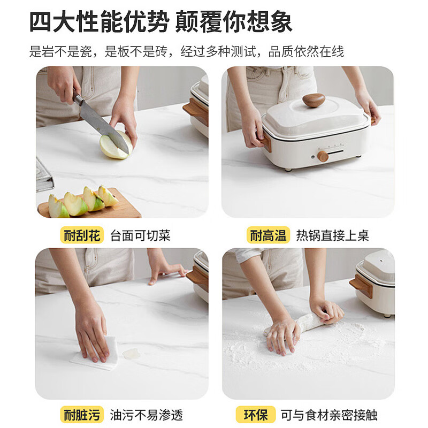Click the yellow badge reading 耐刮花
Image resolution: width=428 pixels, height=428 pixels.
pos(81,235)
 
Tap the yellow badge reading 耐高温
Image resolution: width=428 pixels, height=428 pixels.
pos(268,235)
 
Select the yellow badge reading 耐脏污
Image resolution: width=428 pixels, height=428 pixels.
pos(81,414)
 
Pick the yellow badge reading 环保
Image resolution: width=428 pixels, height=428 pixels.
pos(256,414)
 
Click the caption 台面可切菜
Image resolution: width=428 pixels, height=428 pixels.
pos(140,235)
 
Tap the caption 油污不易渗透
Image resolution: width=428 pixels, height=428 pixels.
pos(146,414)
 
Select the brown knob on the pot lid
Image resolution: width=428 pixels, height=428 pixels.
pos(313,100)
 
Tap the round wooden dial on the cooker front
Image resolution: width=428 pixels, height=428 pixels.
pos(323,156)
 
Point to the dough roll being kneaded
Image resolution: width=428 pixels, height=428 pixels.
pos(308,322)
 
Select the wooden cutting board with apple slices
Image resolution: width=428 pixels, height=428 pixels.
pos(91,206)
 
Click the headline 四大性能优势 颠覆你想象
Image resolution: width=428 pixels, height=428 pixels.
pos(160,22)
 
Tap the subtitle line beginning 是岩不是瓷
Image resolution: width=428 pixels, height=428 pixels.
pos(187,51)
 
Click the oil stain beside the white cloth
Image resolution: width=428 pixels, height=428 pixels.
pos(131,354)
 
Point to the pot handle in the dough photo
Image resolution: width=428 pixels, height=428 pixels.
pos(361,286)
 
